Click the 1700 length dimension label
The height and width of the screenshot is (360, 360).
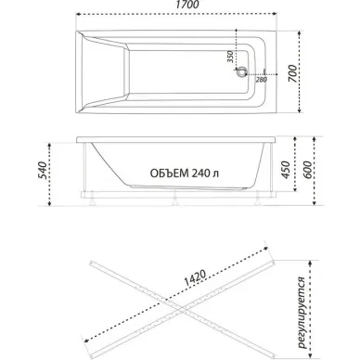[x=187, y=5]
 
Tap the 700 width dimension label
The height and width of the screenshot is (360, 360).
[x=292, y=73]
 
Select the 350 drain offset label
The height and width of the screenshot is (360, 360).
[x=230, y=57]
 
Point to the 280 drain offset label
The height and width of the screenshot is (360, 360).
[x=262, y=80]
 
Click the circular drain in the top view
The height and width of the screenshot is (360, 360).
[x=241, y=72]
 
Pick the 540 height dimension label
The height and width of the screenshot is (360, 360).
[x=42, y=171]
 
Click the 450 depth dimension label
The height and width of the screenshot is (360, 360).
[x=285, y=170]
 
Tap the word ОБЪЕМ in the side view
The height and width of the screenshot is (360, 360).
[x=169, y=174]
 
